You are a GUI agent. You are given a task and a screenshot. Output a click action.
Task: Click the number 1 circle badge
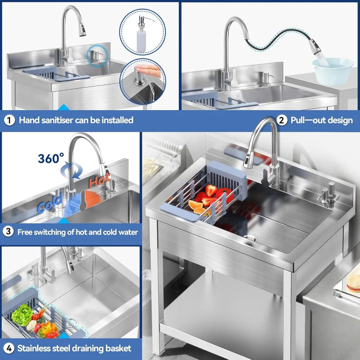[x=9, y=120]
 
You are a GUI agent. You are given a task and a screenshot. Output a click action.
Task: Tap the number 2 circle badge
[x=282, y=120]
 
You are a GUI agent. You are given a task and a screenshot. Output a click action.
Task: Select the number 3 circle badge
[x=9, y=232]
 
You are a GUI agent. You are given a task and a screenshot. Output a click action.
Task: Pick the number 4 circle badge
[x=9, y=348]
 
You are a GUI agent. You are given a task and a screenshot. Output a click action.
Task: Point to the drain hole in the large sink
[x=249, y=238]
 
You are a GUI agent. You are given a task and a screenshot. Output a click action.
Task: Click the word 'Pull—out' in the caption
[x=306, y=120]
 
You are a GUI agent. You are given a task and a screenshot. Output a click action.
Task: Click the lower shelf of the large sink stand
[x=223, y=310]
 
